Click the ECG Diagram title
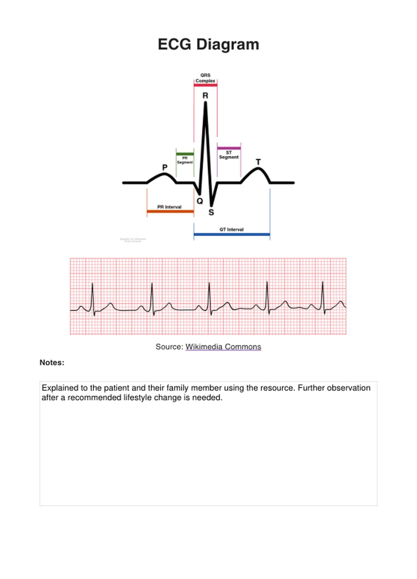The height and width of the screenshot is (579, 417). tap(208, 45)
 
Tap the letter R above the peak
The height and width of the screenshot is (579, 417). tap(205, 96)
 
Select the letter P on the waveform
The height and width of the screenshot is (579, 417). tap(165, 167)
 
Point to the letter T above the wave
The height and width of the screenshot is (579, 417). tap(258, 162)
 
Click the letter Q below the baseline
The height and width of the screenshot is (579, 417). tap(200, 201)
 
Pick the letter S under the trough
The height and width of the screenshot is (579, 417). tap(211, 212)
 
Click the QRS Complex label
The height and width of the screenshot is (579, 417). tap(205, 78)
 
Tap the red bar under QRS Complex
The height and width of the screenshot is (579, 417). tap(205, 85)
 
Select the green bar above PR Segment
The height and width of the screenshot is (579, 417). tap(185, 154)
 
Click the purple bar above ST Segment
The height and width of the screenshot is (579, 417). tap(229, 148)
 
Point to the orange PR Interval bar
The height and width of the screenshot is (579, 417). tap(170, 212)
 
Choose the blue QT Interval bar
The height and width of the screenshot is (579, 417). tap(232, 234)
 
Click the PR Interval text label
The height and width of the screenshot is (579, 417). tap(169, 207)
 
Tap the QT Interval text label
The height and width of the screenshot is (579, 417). tap(231, 229)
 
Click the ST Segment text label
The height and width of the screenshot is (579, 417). tap(229, 155)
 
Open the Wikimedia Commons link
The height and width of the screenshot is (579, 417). tap(223, 347)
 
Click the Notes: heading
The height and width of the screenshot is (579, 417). tap(52, 363)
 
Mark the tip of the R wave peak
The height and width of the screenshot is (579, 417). tap(205, 103)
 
